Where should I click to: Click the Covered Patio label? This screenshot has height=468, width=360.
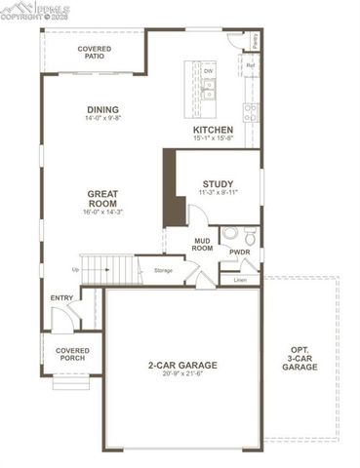95,52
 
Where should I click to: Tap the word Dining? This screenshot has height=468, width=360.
101,110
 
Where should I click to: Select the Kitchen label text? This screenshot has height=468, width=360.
212,130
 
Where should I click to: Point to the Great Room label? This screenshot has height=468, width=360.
101,198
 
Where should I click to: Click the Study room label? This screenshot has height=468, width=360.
218,184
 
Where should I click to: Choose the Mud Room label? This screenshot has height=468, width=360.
203,244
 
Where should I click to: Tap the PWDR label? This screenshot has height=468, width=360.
240,252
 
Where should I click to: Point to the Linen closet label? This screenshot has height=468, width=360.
241,280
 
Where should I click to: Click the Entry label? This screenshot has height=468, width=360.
61,298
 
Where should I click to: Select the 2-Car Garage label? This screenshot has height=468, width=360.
182,366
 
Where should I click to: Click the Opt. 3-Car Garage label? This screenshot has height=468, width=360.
300,359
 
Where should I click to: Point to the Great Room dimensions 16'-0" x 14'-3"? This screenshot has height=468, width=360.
101,212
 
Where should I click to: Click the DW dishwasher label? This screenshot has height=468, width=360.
208,71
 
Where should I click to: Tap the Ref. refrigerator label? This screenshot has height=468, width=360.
251,66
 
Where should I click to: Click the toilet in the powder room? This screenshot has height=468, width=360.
248,235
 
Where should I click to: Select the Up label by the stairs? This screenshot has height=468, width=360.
75,270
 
